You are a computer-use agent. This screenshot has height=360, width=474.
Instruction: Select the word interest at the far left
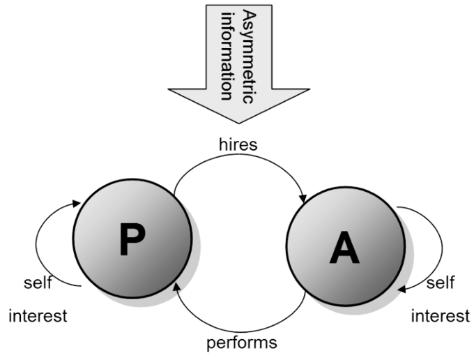(38, 315)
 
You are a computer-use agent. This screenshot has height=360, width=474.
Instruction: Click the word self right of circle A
(440, 283)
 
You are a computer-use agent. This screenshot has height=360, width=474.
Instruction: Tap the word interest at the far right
(440, 315)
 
